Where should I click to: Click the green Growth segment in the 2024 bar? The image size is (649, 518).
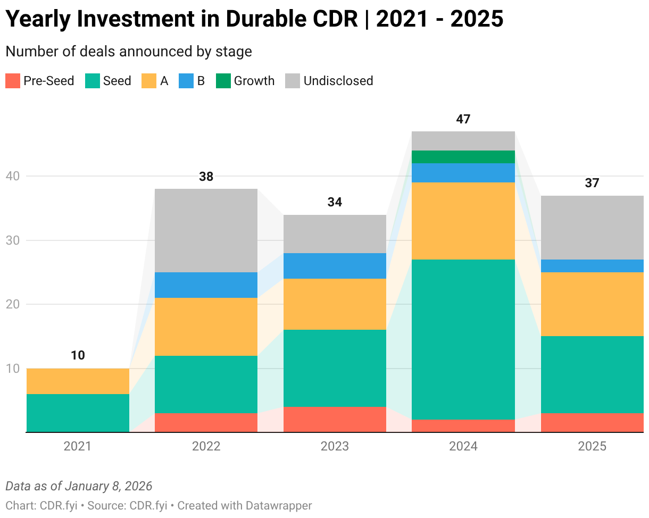coord(463,157)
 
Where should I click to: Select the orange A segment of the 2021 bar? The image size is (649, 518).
coord(78,381)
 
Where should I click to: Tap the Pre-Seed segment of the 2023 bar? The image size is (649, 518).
coord(335,420)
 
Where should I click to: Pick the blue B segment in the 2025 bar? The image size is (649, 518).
coord(592,266)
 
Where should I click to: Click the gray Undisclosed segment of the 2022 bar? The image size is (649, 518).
coord(206,230)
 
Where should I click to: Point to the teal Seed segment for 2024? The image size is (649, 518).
coord(463,339)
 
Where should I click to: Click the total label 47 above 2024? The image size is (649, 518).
coord(463,119)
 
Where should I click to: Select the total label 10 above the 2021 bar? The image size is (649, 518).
coord(78,355)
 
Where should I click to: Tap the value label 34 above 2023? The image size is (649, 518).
coord(335,202)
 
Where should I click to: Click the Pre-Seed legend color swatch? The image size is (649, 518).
coord(13,81)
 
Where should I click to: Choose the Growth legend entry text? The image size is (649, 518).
coord(254,81)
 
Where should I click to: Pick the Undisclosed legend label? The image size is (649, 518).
coord(338,81)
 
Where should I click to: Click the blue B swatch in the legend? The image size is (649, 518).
coord(186,81)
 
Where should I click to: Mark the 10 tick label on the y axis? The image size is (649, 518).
coord(12,369)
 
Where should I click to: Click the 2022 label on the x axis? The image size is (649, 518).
coord(206,446)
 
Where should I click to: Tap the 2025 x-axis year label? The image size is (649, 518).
coord(592,446)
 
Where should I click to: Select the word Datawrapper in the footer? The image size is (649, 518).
coord(279,505)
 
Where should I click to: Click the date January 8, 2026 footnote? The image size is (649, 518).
coord(109,486)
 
